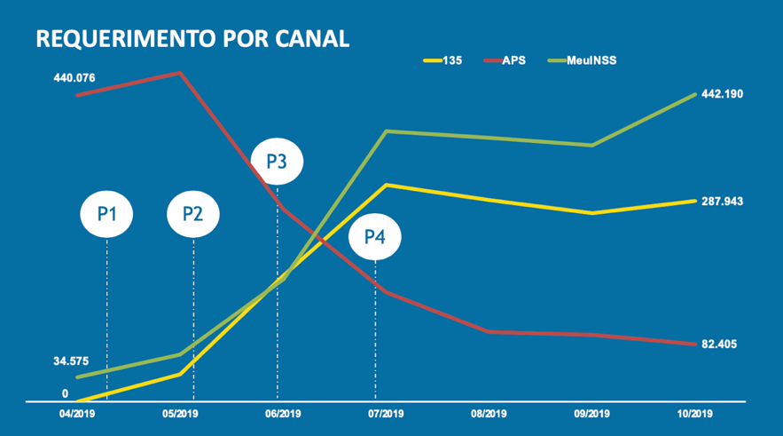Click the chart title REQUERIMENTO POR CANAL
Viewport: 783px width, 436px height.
click(191, 38)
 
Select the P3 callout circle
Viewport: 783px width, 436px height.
click(277, 162)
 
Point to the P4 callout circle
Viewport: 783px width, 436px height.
click(375, 237)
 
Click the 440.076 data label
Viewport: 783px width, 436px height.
click(74, 79)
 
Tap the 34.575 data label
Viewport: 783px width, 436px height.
click(71, 361)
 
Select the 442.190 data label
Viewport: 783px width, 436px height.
click(722, 94)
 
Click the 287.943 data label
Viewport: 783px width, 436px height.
click(722, 202)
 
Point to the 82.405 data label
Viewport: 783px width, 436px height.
click(719, 344)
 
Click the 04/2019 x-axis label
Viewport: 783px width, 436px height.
click(77, 414)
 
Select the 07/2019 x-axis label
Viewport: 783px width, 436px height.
click(386, 414)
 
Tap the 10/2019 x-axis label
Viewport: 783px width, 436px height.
click(695, 414)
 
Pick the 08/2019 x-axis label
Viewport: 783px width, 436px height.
click(489, 414)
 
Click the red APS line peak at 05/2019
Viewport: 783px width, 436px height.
click(180, 73)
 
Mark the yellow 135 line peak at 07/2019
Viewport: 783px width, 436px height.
click(386, 185)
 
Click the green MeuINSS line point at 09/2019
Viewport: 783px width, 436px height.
click(592, 145)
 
